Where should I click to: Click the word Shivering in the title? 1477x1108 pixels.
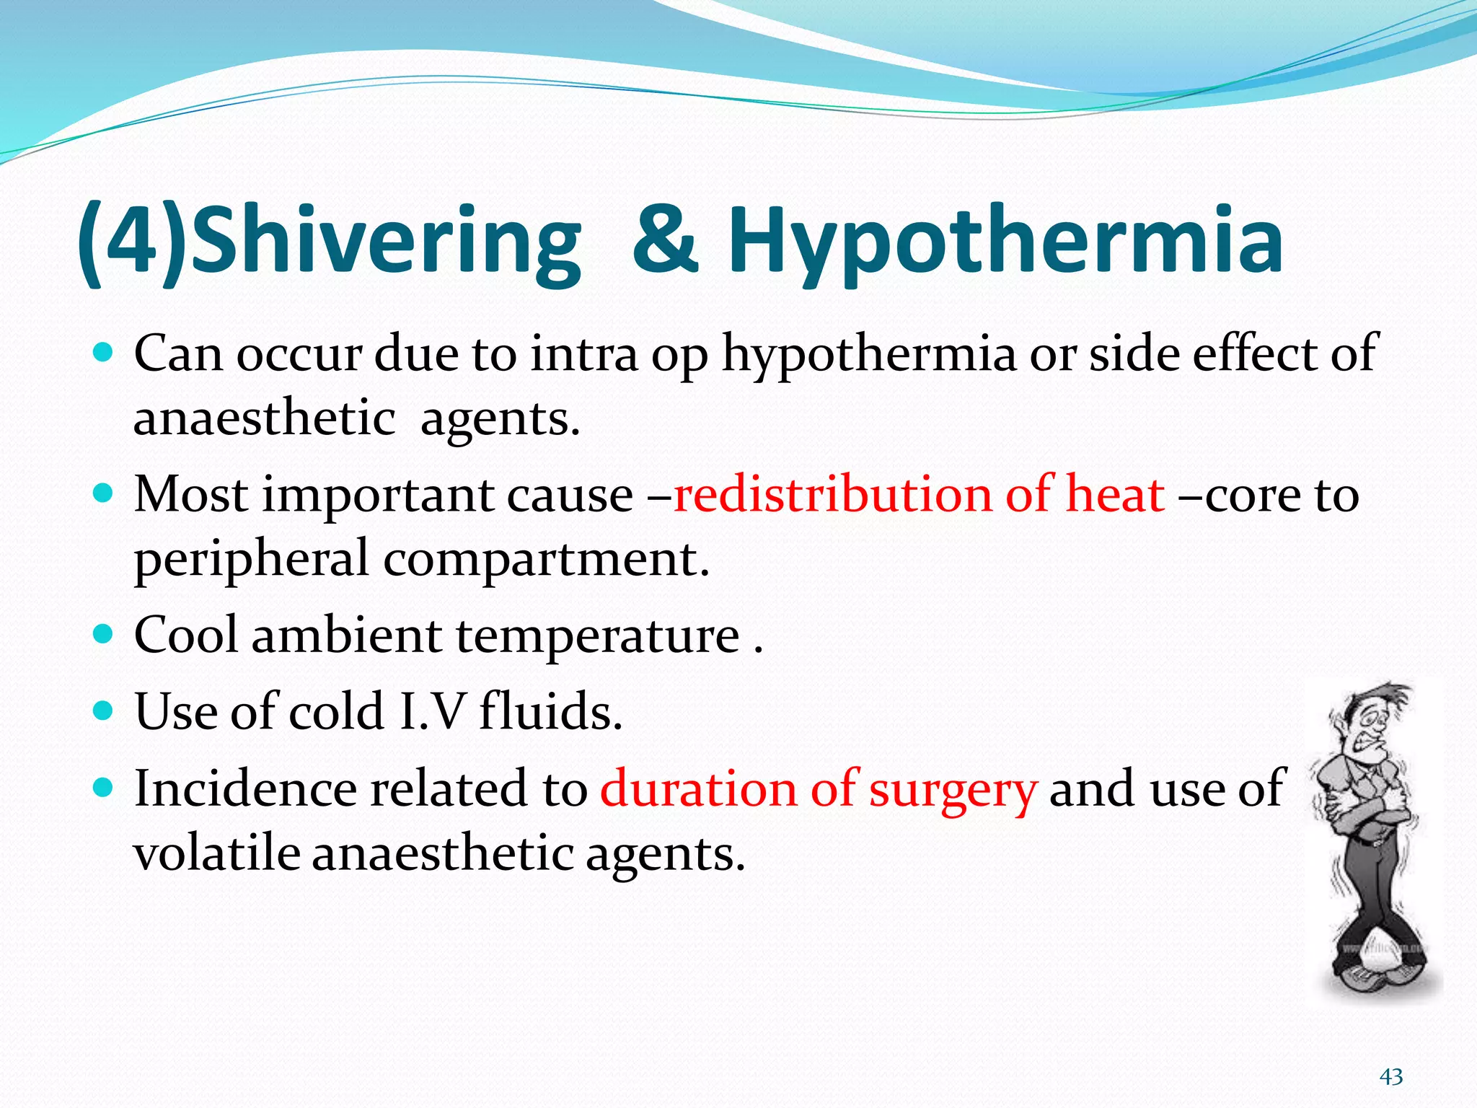click(386, 242)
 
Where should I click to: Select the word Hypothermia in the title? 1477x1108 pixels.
click(1006, 242)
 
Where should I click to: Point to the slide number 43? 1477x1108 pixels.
click(1391, 1077)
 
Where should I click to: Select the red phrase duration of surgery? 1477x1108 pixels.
click(819, 788)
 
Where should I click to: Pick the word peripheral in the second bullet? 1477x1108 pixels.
click(252, 560)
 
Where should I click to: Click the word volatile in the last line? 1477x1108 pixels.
click(217, 853)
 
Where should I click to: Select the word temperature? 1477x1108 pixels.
click(598, 636)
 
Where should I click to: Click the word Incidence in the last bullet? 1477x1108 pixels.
click(245, 788)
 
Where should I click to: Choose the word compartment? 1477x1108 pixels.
click(541, 560)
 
